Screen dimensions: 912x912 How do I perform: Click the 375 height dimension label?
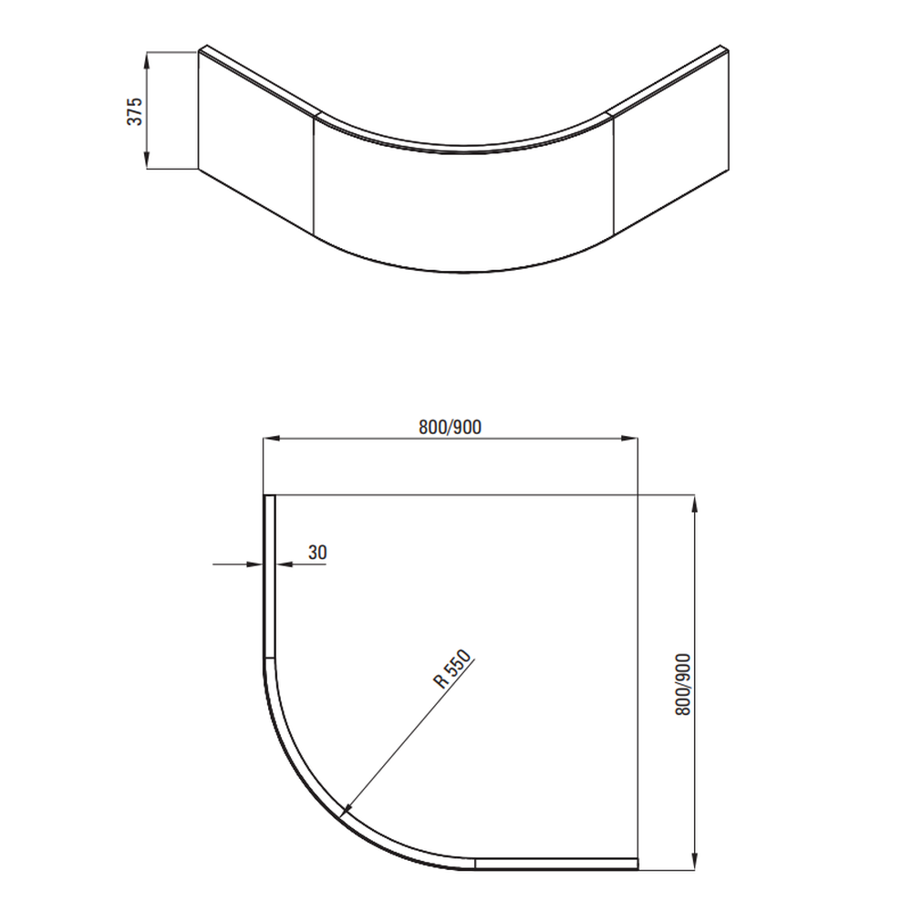[x=134, y=111]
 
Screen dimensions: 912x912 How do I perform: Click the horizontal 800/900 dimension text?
[x=451, y=428]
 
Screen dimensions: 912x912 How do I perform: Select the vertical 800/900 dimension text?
[x=683, y=684]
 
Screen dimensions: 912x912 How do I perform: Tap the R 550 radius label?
[x=453, y=668]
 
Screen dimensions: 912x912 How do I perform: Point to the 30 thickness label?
[x=317, y=552]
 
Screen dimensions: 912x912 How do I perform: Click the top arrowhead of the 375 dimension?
[x=147, y=60]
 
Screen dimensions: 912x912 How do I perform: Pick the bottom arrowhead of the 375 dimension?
[x=147, y=161]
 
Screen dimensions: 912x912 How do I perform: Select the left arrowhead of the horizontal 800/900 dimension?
[x=272, y=438]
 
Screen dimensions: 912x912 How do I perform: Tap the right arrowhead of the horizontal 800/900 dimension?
[x=629, y=438]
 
